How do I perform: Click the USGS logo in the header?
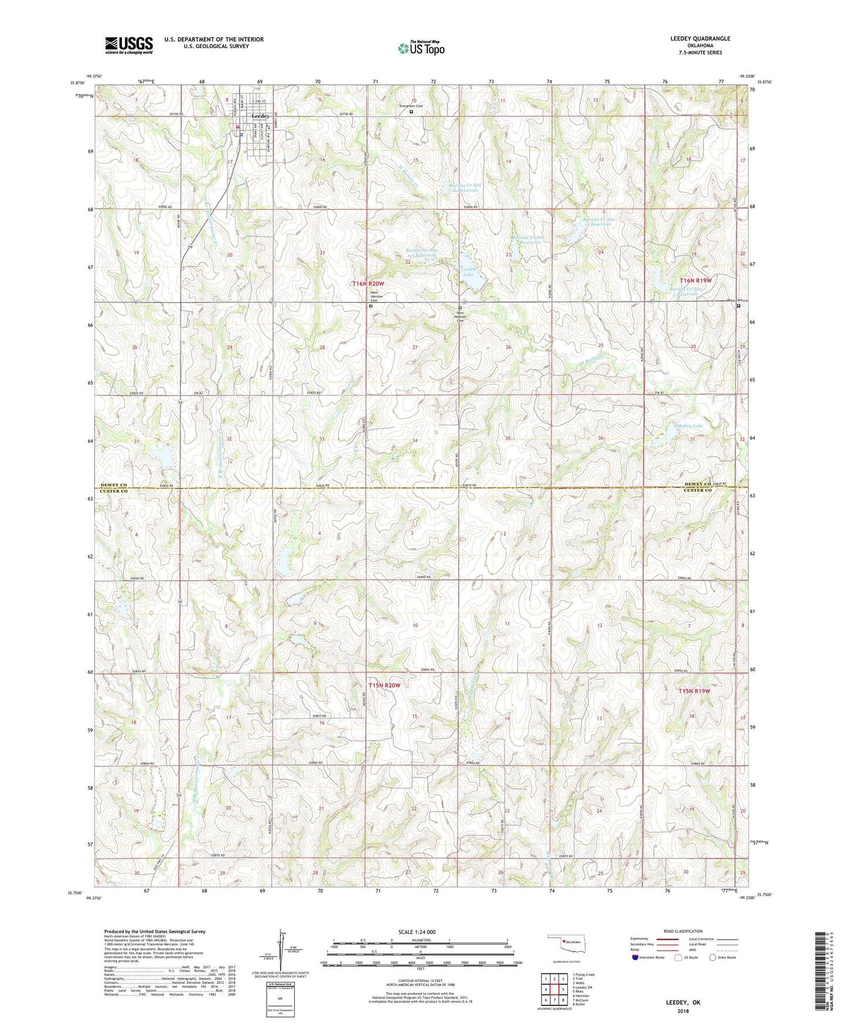[129, 45]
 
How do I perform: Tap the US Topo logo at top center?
[420, 48]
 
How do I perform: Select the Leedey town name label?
[260, 116]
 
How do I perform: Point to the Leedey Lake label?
[467, 272]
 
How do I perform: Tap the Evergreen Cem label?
[411, 106]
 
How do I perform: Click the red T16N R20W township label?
[372, 284]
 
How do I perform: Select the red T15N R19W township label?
[695, 691]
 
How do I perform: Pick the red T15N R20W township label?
[385, 685]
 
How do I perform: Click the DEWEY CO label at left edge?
[114, 485]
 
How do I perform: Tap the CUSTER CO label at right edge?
[698, 490]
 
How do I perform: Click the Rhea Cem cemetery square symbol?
[739, 305]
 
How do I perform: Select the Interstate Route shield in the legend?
[636, 957]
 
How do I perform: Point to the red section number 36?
[600, 438]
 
